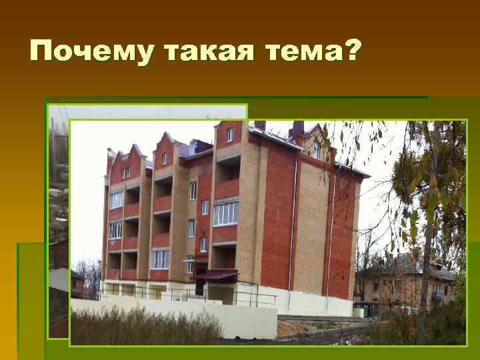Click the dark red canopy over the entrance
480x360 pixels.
tap(216, 274)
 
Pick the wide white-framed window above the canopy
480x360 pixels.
tap(225, 213)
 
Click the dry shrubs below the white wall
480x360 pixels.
tap(147, 327)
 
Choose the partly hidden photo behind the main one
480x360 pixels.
tap(59, 220)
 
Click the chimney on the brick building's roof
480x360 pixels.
tap(297, 128)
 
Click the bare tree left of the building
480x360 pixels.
tap(90, 273)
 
